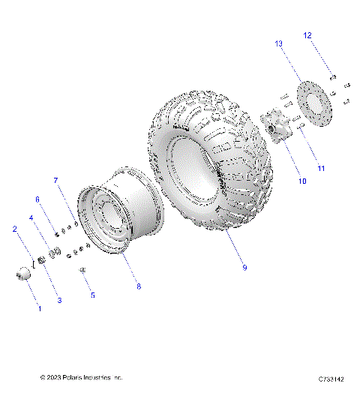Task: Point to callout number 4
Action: [31, 218]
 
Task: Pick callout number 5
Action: [93, 295]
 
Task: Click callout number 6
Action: [36, 199]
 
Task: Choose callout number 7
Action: [55, 181]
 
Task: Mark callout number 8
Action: [137, 285]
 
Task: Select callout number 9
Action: [244, 267]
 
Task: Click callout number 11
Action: [320, 168]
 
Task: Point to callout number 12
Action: [308, 35]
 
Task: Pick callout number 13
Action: [279, 44]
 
